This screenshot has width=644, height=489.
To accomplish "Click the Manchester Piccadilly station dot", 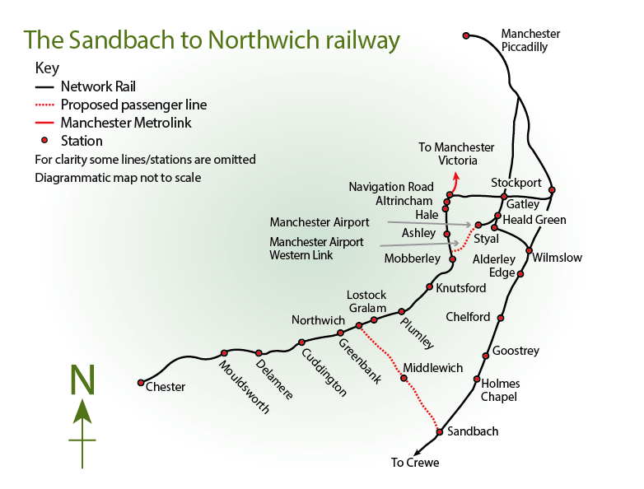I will [x=466, y=35].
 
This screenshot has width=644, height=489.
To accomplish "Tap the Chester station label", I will [x=165, y=387].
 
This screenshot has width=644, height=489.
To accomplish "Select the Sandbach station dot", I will [x=440, y=432].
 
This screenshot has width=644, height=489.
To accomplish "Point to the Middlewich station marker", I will [x=404, y=378].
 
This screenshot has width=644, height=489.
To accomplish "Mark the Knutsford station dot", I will [x=429, y=286].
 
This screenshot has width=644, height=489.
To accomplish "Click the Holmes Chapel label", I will [x=501, y=390].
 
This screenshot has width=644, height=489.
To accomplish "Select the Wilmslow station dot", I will [x=530, y=250].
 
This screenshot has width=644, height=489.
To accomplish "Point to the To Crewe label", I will [x=415, y=463].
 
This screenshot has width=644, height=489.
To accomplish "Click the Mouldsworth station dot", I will [x=224, y=353].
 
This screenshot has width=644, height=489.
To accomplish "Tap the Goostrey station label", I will [x=516, y=351].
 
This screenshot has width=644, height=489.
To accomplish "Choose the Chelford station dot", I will [x=501, y=318].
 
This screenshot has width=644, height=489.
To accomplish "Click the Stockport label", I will [x=516, y=182].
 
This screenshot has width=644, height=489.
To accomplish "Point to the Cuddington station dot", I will [x=301, y=342].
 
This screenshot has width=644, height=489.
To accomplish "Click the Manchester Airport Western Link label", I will [x=316, y=249].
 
